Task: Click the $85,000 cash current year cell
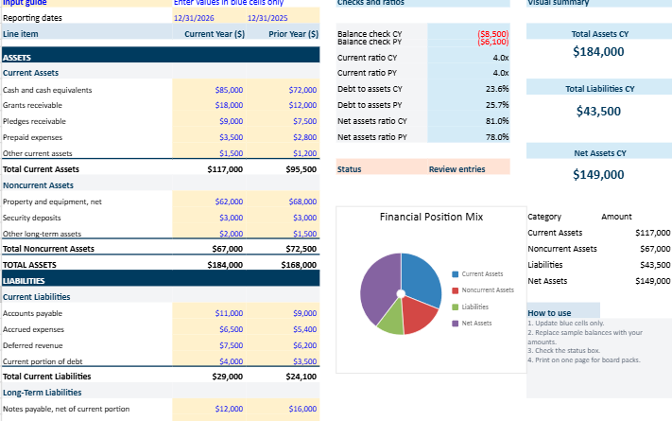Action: pyautogui.click(x=229, y=90)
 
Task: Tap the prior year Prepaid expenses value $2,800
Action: pyautogui.click(x=302, y=137)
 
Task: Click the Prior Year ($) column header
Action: pyautogui.click(x=293, y=34)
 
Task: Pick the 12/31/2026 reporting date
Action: pyautogui.click(x=194, y=18)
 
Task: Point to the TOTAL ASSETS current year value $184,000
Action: pyautogui.click(x=225, y=265)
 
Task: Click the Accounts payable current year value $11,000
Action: pyautogui.click(x=229, y=312)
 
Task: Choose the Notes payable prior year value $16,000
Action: pyautogui.click(x=302, y=409)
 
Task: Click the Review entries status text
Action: pyautogui.click(x=457, y=169)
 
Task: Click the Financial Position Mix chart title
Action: pyautogui.click(x=431, y=217)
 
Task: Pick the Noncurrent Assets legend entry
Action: pyautogui.click(x=486, y=289)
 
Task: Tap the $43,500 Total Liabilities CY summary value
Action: pyautogui.click(x=598, y=112)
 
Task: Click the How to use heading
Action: pyautogui.click(x=549, y=312)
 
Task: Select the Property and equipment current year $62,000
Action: pyautogui.click(x=229, y=202)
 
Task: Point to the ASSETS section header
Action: pyautogui.click(x=17, y=58)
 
